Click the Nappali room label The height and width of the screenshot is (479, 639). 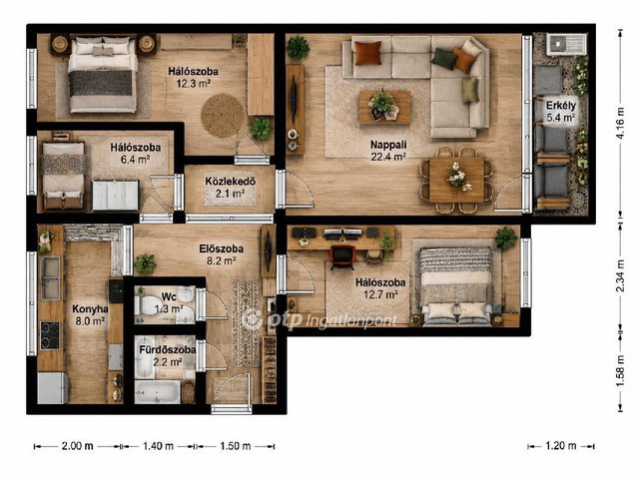pyautogui.click(x=388, y=145)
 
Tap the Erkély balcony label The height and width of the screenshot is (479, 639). pyautogui.click(x=561, y=106)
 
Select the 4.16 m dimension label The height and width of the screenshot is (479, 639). pyautogui.click(x=620, y=123)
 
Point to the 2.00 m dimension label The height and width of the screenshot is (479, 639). pyautogui.click(x=78, y=446)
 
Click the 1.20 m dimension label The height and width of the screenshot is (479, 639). pyautogui.click(x=561, y=446)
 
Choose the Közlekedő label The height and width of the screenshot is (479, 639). pyautogui.click(x=231, y=182)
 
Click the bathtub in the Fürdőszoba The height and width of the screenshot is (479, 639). pyautogui.click(x=157, y=392)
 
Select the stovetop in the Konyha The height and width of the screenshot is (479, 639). pyautogui.click(x=50, y=335)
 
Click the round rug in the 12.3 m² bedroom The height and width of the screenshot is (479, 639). pyautogui.click(x=222, y=116)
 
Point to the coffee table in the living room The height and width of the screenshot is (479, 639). pyautogui.click(x=384, y=108)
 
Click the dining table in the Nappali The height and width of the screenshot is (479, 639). pyautogui.click(x=456, y=180)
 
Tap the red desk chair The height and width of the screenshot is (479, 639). pyautogui.click(x=342, y=256)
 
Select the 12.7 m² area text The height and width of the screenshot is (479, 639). pyautogui.click(x=380, y=294)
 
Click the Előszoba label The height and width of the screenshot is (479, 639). pyautogui.click(x=222, y=248)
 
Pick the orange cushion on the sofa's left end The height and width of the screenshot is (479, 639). pyautogui.click(x=368, y=53)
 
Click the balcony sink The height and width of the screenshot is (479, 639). pyautogui.click(x=566, y=44)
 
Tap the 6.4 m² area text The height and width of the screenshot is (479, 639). pyautogui.click(x=136, y=160)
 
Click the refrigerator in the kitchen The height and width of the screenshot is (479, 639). pyautogui.click(x=53, y=388)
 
